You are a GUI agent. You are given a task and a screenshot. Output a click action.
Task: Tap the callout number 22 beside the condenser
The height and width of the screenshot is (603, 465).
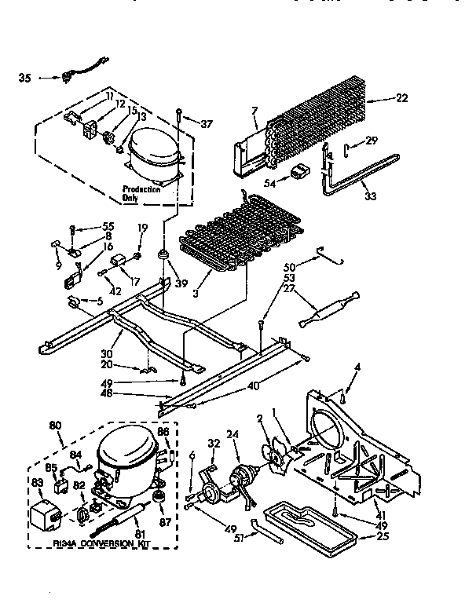click(402, 98)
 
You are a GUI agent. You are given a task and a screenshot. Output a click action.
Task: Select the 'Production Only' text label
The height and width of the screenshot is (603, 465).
click(141, 194)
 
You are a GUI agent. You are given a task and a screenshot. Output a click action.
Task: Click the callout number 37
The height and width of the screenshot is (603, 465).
click(207, 123)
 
